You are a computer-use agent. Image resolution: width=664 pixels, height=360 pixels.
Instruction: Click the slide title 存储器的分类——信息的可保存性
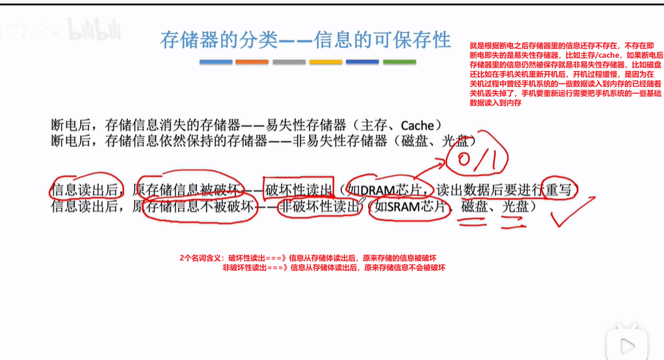pos(306,40)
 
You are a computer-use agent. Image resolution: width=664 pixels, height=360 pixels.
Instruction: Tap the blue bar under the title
pos(216,62)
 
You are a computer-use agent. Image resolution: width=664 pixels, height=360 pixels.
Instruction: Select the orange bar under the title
pos(252,62)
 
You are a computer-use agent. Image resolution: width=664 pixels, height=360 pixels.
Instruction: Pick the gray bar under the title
pos(289,62)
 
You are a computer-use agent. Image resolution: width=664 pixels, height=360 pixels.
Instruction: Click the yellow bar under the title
pos(326,62)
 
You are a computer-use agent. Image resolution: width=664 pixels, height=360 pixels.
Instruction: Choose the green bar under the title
pos(400,62)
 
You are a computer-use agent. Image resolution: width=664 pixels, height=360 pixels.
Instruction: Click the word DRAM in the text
pos(377,189)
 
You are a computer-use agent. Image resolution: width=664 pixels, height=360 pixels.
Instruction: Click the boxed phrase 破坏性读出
pos(299,189)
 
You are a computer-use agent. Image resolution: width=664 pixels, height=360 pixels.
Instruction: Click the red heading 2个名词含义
pos(201,258)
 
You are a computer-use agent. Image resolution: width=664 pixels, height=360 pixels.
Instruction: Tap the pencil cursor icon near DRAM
pos(361,201)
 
